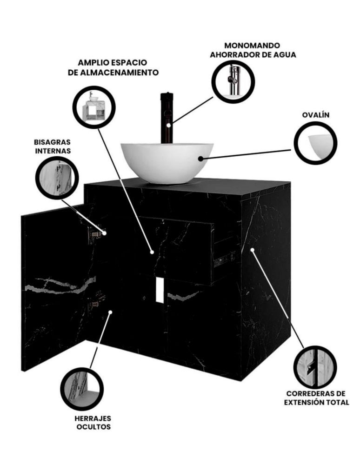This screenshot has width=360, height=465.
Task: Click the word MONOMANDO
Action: click(252, 46)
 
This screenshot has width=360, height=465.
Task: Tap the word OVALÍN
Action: click(315, 115)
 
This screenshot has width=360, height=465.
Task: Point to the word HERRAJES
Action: click(93, 418)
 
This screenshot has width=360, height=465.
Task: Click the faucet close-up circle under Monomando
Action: click(233, 81)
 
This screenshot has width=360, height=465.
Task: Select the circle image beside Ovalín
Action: click(315, 143)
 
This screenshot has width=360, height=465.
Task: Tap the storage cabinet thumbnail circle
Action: click(94, 107)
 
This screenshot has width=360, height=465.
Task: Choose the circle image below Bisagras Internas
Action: click(57, 178)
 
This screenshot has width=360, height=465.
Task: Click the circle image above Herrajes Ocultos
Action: click(82, 389)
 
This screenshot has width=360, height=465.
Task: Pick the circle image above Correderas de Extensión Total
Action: click(315, 367)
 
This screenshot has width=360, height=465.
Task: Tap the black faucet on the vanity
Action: click(167, 118)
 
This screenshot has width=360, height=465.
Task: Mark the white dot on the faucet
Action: click(169, 125)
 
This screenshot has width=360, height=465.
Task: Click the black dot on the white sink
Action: click(201, 159)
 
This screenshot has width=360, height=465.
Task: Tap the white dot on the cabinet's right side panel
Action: click(253, 250)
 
